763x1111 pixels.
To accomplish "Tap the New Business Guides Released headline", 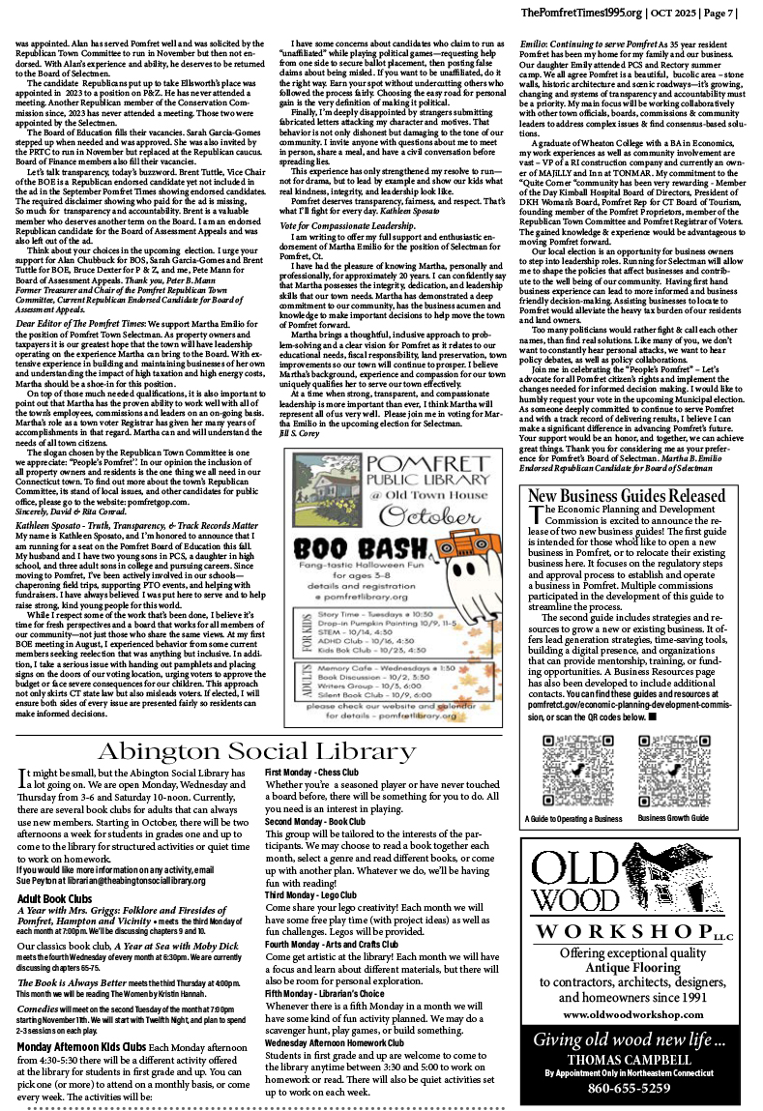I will click(627, 496).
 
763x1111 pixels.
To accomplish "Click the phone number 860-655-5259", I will click(629, 1088).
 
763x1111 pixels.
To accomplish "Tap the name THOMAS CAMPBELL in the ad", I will click(629, 1058).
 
